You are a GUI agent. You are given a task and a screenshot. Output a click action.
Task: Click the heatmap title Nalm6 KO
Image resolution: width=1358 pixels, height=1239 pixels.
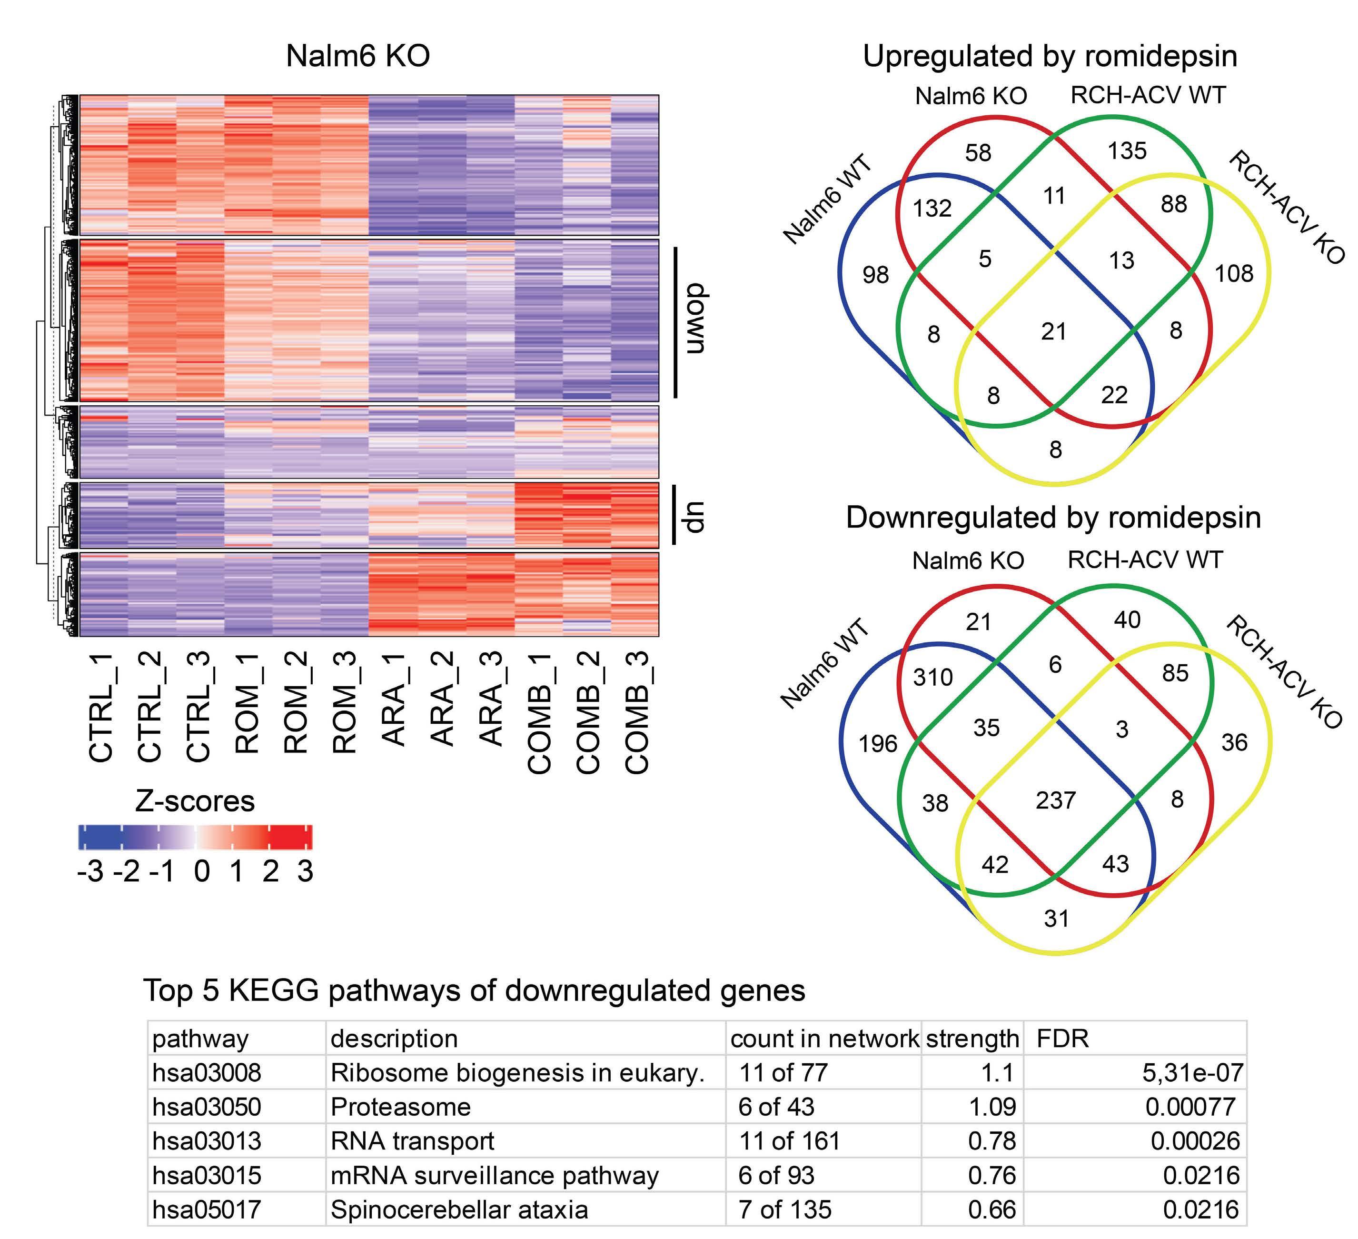pos(357,55)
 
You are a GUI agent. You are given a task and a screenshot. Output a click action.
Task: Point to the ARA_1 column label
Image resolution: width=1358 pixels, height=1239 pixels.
pos(394,699)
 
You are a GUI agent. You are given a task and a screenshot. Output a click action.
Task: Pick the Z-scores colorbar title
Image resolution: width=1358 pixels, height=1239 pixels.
pos(195,801)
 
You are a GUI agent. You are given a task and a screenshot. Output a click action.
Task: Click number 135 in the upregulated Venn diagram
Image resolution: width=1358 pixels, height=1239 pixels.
pos(1127,150)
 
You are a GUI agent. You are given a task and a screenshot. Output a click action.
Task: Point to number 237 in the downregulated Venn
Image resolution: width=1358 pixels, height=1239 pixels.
pos(1056,800)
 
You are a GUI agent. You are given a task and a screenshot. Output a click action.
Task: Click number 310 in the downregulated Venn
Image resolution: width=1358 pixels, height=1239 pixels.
pos(933,677)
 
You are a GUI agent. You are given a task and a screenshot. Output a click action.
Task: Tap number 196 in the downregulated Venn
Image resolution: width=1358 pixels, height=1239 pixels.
pos(878,744)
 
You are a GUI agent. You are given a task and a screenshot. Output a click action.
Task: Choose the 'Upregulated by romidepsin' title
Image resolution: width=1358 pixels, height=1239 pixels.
pos(1050,57)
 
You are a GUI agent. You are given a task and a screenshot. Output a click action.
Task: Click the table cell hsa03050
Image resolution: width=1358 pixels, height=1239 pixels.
pos(207,1107)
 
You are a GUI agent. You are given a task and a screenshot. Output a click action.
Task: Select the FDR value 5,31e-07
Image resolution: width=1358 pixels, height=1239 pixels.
pos(1193,1073)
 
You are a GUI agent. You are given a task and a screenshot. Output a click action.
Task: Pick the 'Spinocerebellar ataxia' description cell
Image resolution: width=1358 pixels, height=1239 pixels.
pos(459,1209)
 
